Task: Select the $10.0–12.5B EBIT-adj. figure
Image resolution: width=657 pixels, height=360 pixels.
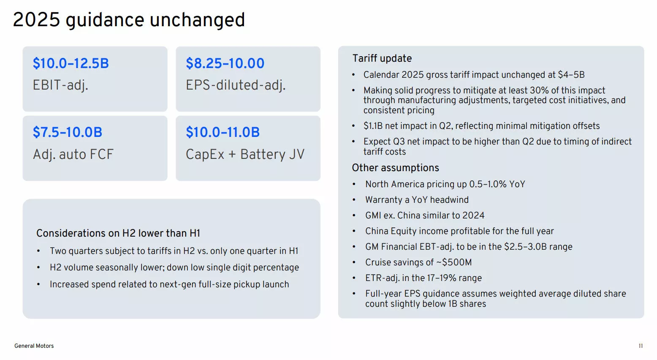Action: point(71,63)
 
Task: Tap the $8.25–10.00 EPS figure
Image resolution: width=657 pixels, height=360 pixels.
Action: point(225,63)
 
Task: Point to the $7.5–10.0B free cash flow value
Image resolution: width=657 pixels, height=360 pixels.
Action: point(68,132)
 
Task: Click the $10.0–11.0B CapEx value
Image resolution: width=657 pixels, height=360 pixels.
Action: point(223,132)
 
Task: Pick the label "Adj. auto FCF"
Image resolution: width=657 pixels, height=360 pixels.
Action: point(73,154)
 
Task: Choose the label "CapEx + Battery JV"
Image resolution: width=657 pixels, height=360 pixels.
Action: point(245,154)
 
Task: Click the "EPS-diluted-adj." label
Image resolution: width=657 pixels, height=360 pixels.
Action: point(236,85)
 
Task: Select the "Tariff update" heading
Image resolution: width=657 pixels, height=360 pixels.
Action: point(382,58)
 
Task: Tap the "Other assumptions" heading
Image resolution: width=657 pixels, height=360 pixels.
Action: point(395,168)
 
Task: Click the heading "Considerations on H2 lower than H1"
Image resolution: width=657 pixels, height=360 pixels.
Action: point(118,233)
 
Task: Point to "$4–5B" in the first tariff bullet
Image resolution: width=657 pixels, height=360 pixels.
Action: point(571,75)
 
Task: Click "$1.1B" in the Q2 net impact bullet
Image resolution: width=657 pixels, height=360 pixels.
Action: point(373,126)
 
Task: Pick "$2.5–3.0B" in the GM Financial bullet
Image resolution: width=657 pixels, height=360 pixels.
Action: point(525,247)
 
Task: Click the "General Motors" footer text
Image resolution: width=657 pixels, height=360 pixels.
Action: point(34,346)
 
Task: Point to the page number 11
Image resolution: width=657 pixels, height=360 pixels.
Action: point(641,346)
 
